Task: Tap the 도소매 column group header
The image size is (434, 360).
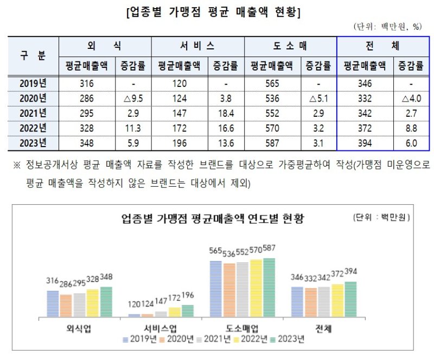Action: point(290,46)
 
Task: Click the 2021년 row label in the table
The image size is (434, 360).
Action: point(33,113)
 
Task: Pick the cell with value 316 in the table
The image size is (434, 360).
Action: point(87,83)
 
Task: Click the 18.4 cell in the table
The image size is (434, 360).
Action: point(225,113)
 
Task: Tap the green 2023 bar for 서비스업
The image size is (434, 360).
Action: point(187,311)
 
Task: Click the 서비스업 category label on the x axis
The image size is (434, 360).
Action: point(161,329)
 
